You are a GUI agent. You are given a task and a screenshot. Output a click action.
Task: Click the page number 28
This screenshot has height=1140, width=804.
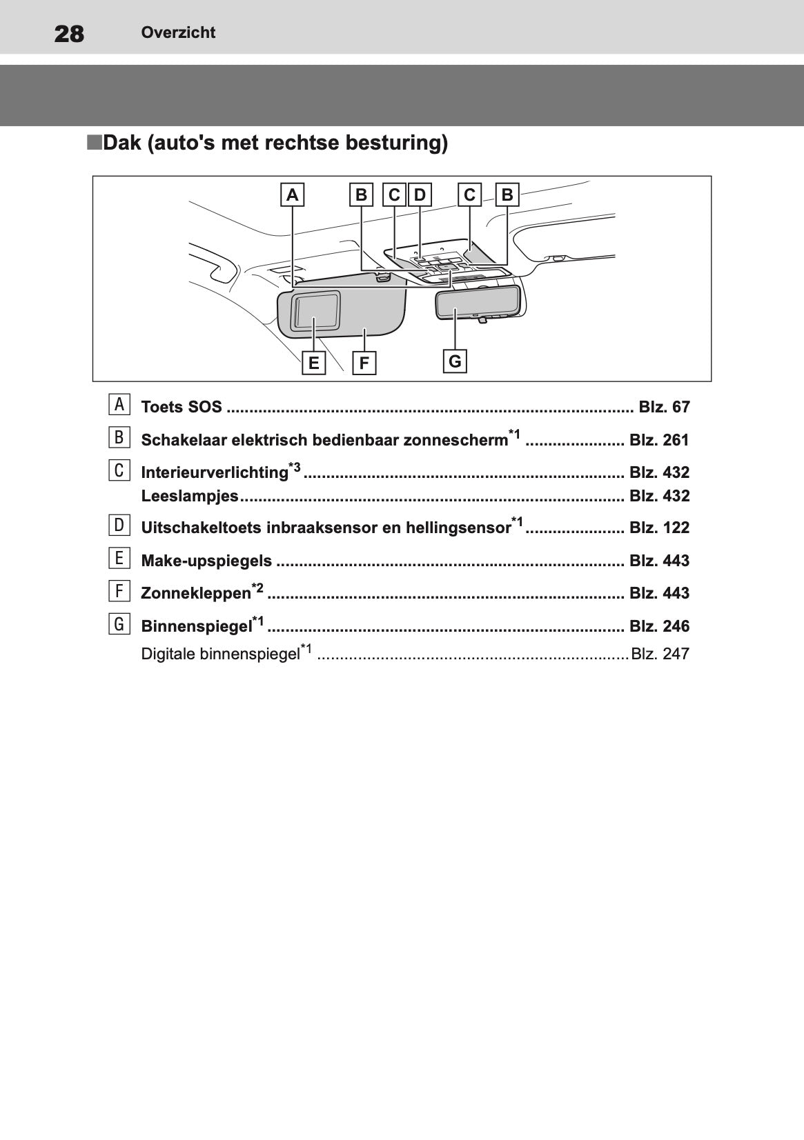pos(69,33)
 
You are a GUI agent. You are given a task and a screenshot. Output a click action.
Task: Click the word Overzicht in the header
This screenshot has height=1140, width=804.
pos(178,32)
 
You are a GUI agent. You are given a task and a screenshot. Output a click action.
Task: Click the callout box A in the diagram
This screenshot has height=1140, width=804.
pos(293,195)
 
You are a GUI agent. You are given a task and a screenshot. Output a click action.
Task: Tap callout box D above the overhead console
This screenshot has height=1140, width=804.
pos(420,195)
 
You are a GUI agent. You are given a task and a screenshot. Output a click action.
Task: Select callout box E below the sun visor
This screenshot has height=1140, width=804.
pos(314,363)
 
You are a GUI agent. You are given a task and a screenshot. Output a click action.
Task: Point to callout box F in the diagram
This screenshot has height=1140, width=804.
pos(364,363)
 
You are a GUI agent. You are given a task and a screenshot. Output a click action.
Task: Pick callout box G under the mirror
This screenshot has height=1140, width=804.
pos(455,361)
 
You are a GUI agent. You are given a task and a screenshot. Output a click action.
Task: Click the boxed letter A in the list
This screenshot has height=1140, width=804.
pos(119,405)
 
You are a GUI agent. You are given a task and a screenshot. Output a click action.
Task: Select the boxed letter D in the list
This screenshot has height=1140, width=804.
pos(119,526)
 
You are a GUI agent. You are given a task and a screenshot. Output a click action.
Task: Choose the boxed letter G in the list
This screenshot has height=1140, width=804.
pos(119,624)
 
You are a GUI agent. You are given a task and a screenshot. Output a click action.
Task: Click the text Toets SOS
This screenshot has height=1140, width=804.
pos(182,407)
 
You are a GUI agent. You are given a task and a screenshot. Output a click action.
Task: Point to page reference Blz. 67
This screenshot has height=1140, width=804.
pos(664,407)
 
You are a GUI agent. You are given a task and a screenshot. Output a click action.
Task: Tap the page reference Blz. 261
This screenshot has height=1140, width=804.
pos(659,440)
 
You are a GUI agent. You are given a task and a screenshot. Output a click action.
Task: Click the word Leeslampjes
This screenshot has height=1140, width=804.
pos(190,496)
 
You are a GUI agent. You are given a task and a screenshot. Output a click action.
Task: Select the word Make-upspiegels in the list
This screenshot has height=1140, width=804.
pos(206,561)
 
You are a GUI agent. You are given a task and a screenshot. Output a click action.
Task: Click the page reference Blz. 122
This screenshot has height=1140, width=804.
pos(659,528)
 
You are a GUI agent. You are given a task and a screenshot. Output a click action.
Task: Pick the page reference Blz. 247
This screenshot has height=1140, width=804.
pos(660,654)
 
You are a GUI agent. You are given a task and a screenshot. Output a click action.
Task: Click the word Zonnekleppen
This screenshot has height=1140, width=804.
pos(196,593)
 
